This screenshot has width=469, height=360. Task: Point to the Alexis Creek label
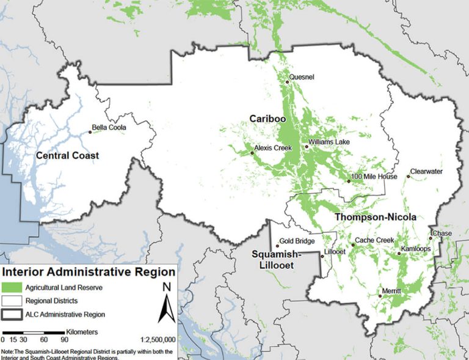click(273, 148)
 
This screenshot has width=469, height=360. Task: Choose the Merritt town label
click(391, 292)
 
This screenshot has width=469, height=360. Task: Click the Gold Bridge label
click(297, 241)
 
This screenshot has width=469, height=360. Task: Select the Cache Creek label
click(374, 240)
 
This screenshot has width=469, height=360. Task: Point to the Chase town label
click(442, 233)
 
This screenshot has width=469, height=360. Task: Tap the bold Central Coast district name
click(67, 156)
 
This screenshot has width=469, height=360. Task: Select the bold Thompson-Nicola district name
click(375, 217)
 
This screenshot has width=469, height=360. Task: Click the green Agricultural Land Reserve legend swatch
click(13, 287)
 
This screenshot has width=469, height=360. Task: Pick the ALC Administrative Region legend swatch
click(13, 314)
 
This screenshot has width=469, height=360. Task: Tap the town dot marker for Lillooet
click(323, 256)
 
